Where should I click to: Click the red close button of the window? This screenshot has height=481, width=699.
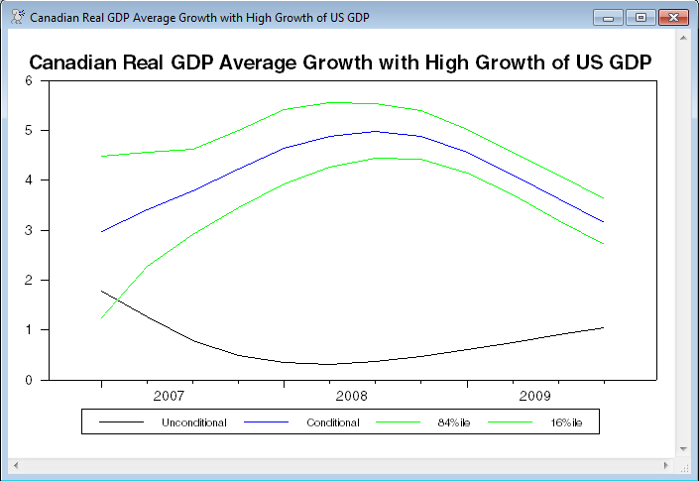672,17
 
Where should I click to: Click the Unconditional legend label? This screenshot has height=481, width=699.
193,423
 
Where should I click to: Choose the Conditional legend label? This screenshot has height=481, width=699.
332,423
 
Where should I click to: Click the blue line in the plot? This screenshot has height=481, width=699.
284,149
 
